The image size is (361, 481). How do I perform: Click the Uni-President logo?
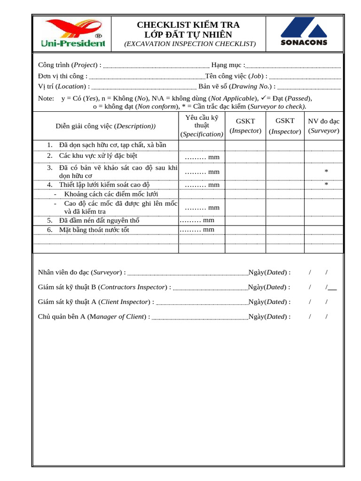[72, 33]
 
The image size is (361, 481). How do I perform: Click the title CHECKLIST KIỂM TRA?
[188, 25]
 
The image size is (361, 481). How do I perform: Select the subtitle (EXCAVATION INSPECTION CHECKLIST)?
[190, 44]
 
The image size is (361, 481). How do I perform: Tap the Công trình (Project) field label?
[70, 65]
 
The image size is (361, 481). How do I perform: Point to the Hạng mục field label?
[228, 65]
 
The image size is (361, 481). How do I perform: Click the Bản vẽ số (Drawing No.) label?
[237, 86]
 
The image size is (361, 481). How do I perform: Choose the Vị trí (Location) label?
[63, 86]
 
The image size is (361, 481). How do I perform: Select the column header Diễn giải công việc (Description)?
[105, 126]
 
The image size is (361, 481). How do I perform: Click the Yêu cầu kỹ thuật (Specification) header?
[202, 125]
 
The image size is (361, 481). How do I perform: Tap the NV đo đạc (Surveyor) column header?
[323, 126]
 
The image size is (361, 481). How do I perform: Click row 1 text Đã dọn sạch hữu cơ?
[112, 145]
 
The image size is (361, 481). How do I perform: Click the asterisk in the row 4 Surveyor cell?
[326, 184]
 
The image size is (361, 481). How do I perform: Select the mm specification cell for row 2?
[202, 157]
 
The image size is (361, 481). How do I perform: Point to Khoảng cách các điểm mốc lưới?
[111, 194]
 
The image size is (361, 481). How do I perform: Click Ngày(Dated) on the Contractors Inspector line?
[269, 287]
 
